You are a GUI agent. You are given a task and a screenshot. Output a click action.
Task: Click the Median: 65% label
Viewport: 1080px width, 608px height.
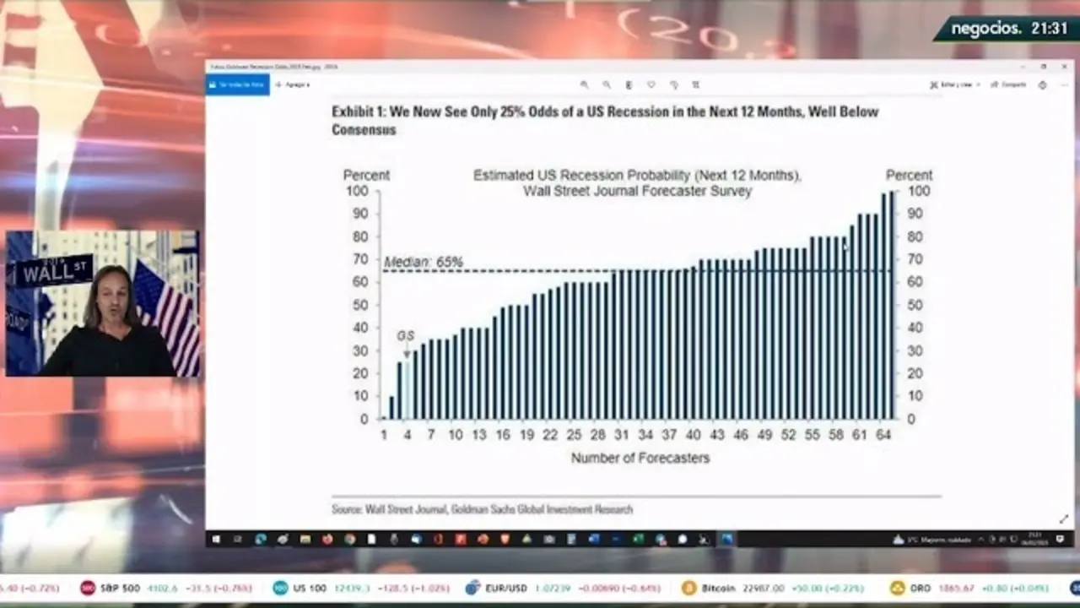pyautogui.click(x=424, y=263)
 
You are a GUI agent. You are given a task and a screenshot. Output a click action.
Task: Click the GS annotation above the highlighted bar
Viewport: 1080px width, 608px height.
pyautogui.click(x=406, y=336)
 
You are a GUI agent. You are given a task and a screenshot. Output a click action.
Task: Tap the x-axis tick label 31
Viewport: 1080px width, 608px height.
pyautogui.click(x=621, y=435)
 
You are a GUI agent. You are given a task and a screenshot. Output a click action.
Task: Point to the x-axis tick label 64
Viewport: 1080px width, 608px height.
pyautogui.click(x=883, y=435)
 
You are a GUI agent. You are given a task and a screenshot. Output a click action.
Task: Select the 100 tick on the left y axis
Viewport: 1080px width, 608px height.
pyautogui.click(x=357, y=191)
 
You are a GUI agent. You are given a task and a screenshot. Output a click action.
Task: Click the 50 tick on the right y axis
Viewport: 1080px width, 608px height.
pyautogui.click(x=915, y=305)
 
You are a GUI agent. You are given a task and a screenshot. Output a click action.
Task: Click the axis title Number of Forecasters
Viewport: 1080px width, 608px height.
pyautogui.click(x=640, y=458)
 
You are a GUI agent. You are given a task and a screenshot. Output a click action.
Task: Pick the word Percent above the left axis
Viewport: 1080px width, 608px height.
pyautogui.click(x=366, y=175)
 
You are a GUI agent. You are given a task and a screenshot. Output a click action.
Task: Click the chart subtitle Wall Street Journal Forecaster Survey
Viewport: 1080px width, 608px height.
pyautogui.click(x=637, y=191)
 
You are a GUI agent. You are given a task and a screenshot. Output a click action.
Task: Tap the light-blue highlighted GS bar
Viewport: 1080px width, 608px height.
pyautogui.click(x=407, y=388)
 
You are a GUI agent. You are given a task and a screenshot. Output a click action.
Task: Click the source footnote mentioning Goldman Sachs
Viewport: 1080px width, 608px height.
pyautogui.click(x=482, y=509)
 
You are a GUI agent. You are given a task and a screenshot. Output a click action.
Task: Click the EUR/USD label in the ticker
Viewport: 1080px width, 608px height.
pyautogui.click(x=506, y=588)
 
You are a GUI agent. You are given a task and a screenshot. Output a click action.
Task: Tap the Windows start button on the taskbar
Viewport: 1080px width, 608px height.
pyautogui.click(x=215, y=539)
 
